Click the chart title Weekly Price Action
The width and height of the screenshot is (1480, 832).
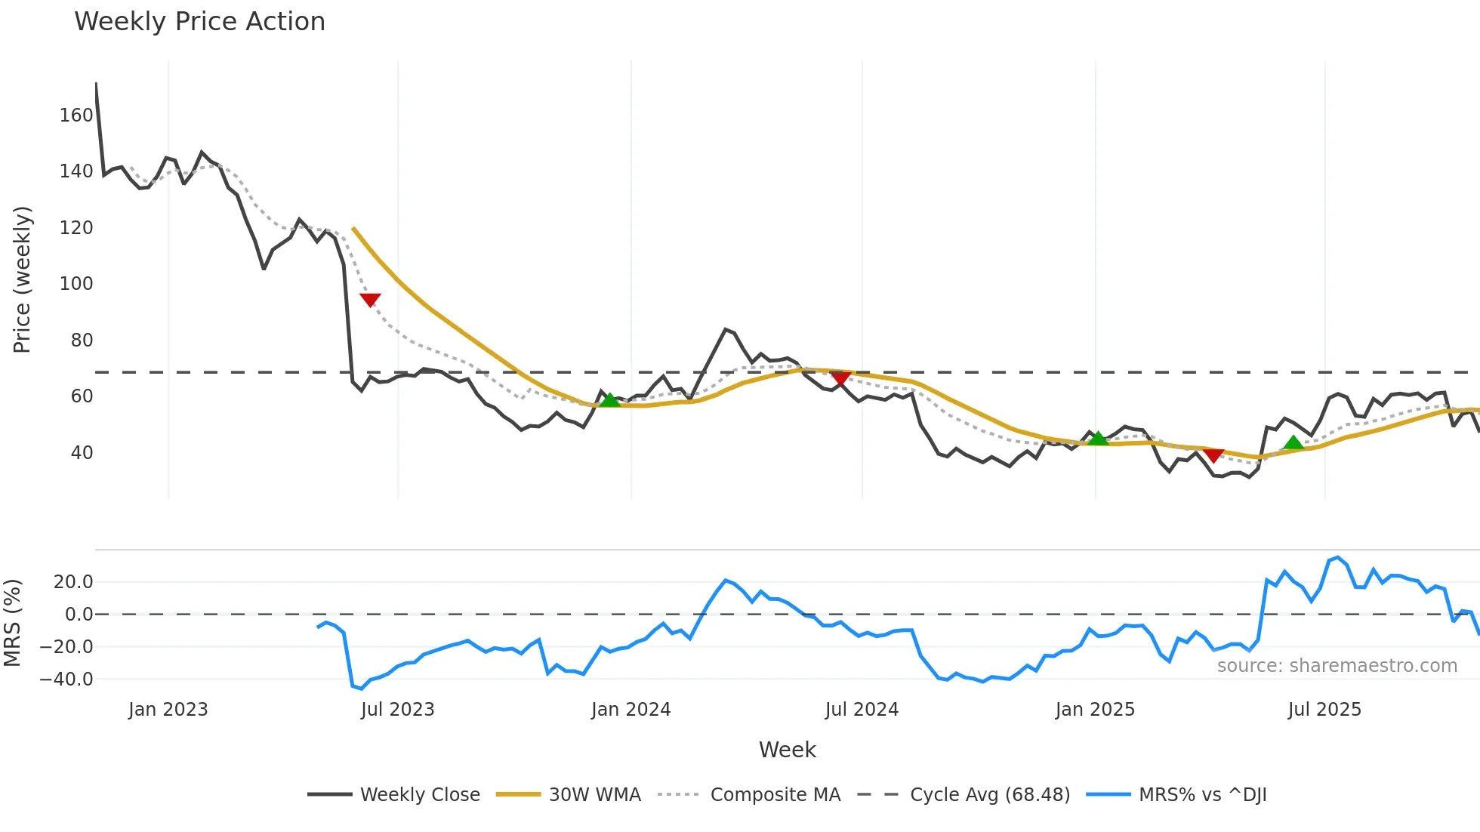[x=199, y=22]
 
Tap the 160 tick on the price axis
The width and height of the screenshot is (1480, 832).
[x=76, y=116]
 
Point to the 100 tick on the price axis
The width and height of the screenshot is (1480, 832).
[x=76, y=284]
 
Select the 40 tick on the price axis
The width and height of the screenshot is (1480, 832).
[x=82, y=453]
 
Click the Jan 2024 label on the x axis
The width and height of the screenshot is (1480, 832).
[x=631, y=710]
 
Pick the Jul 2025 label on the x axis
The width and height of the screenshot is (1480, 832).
[x=1324, y=710]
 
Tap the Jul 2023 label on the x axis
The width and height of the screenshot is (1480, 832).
[x=397, y=710]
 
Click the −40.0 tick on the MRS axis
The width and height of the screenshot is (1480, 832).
[x=66, y=679]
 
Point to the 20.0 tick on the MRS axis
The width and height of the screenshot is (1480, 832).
[x=73, y=582]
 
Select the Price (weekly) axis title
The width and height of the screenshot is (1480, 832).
[x=23, y=279]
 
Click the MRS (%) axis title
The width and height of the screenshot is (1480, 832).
[x=12, y=623]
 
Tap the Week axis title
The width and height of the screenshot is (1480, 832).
[x=787, y=750]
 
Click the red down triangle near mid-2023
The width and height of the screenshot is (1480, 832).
[x=370, y=300]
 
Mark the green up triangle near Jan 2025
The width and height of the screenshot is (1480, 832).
[x=1098, y=438]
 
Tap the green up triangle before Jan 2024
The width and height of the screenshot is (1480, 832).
[x=609, y=400]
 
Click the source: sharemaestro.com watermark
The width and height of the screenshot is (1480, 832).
[x=1337, y=666]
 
